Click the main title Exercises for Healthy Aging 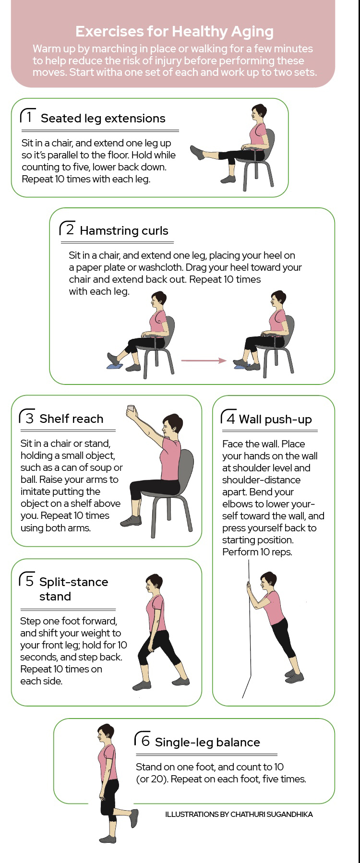click(x=174, y=32)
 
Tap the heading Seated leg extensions click(x=103, y=119)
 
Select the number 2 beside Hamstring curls click(x=70, y=229)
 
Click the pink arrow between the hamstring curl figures click(x=203, y=360)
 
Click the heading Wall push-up click(x=275, y=420)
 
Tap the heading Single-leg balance click(x=207, y=742)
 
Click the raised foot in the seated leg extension click(x=197, y=153)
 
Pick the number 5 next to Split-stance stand click(x=30, y=581)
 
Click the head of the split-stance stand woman click(x=153, y=584)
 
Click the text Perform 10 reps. click(x=257, y=552)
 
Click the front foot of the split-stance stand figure click(x=141, y=685)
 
